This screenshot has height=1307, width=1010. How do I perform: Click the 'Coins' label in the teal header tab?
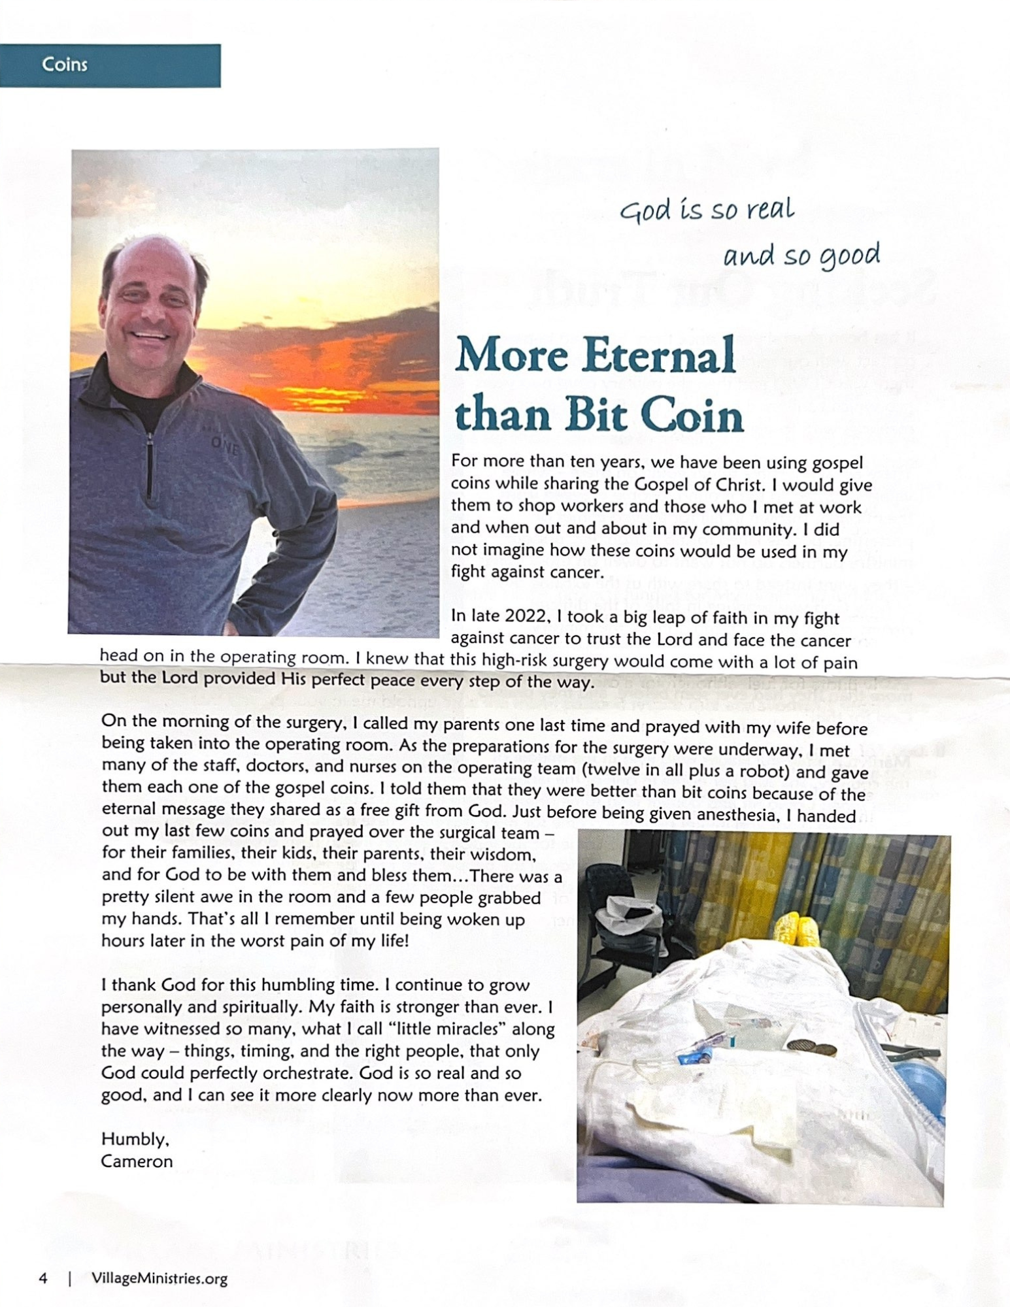pyautogui.click(x=64, y=65)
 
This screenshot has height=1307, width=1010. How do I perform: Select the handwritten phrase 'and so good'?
pyautogui.click(x=801, y=255)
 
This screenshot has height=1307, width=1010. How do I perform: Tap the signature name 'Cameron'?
pyautogui.click(x=137, y=1162)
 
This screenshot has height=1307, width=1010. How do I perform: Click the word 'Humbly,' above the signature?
pyautogui.click(x=135, y=1140)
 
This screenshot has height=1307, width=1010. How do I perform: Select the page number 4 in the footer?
pyautogui.click(x=43, y=1278)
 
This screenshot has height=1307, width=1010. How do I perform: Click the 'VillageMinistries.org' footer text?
pyautogui.click(x=160, y=1278)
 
